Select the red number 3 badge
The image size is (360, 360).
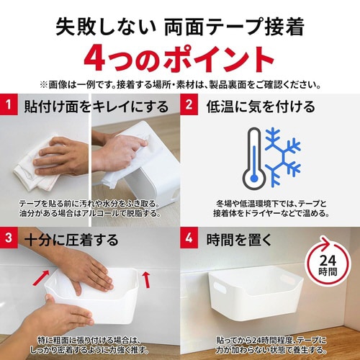[x=9, y=238]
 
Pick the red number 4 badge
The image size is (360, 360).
[x=189, y=238]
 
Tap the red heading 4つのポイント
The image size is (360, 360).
[x=180, y=58]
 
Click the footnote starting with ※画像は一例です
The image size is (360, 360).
[x=180, y=83]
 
